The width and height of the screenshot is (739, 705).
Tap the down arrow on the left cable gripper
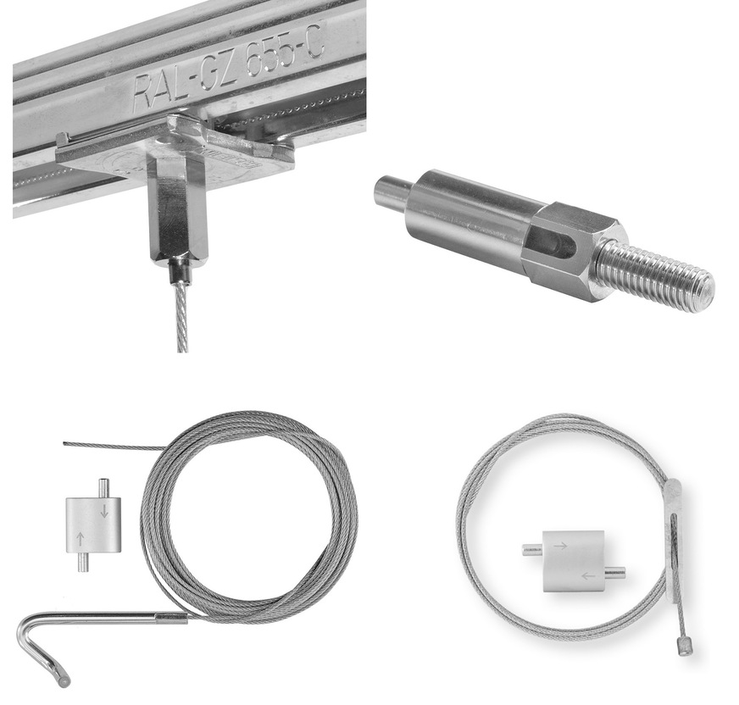tap(104, 510)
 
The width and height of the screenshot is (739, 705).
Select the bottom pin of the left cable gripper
tap(82, 561)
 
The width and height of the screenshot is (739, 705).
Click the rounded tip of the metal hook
tap(62, 680)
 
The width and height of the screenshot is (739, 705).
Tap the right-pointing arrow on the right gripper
tap(560, 547)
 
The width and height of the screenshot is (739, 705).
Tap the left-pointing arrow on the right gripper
tap(587, 576)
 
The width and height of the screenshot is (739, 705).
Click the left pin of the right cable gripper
tap(531, 549)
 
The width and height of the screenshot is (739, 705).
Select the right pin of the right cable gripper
tap(616, 572)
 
